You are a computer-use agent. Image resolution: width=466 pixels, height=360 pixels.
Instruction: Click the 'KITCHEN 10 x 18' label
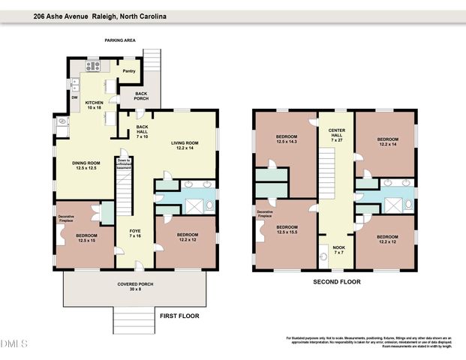pyautogui.click(x=94, y=105)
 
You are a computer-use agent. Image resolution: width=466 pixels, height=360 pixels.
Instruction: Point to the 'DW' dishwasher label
pyautogui.click(x=74, y=97)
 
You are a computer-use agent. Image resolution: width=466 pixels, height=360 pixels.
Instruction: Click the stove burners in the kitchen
pyautogui.click(x=94, y=66)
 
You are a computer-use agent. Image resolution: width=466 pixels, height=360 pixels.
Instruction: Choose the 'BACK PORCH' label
pyautogui.click(x=141, y=95)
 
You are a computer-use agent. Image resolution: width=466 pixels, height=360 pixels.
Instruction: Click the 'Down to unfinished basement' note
pyautogui.click(x=124, y=166)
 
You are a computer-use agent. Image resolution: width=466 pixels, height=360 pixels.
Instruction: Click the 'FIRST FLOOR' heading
pyautogui.click(x=179, y=316)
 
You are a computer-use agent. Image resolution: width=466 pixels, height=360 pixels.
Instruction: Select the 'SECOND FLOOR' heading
pyautogui.click(x=336, y=282)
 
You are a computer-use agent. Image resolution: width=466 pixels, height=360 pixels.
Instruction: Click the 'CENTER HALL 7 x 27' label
pyautogui.click(x=335, y=136)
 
